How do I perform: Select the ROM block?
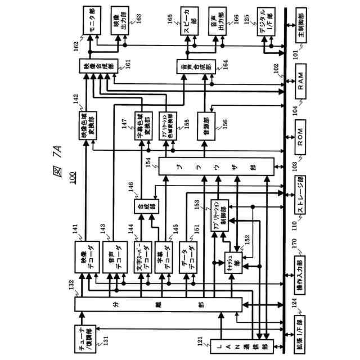pos(300,136)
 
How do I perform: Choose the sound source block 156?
pos(203,125)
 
